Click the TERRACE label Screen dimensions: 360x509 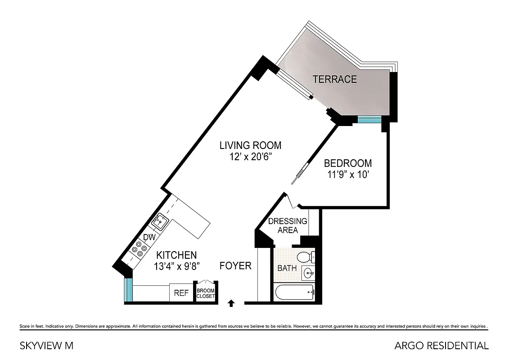tap(334, 80)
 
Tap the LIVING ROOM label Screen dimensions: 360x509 tap(250, 145)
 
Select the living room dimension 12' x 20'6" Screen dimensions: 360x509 tap(250, 157)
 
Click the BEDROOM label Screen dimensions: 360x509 tap(348, 163)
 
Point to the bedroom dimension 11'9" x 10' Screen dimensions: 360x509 tap(348, 174)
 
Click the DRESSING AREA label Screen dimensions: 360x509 tap(287, 225)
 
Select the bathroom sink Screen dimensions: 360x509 tap(309, 273)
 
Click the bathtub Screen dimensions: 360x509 tap(294, 292)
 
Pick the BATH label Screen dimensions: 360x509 tap(287, 268)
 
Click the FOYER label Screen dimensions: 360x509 tap(235, 266)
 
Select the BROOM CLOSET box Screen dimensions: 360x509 tap(205, 293)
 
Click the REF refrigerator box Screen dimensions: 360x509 tap(181, 293)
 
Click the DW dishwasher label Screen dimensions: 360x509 tap(149, 237)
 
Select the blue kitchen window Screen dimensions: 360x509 tap(129, 290)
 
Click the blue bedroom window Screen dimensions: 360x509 tap(369, 119)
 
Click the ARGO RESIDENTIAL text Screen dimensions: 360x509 tap(441, 346)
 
